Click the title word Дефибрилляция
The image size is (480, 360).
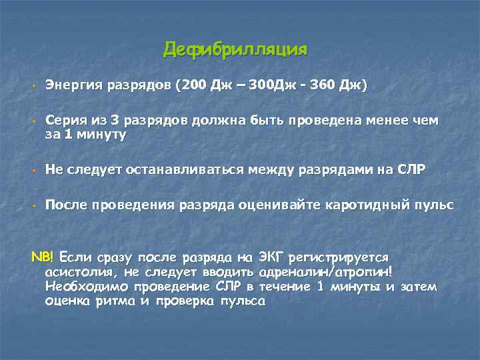[x=235, y=49]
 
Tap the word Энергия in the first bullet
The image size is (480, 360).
[x=71, y=86]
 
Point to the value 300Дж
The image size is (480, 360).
[x=268, y=86]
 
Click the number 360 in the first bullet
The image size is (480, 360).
[x=323, y=86]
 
